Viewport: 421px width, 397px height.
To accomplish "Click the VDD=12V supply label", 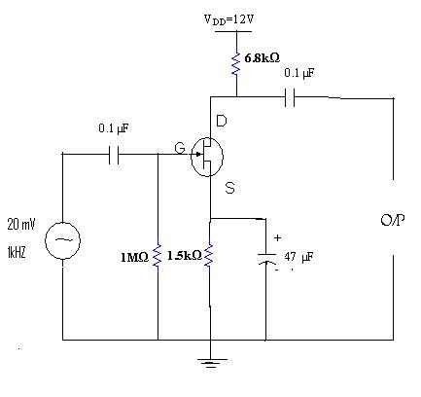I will [x=236, y=19].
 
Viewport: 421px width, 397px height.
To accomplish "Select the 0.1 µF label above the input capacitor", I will [x=115, y=127].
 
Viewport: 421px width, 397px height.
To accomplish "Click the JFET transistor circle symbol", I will [x=209, y=156].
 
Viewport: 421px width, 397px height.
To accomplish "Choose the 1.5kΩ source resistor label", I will [x=184, y=255].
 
